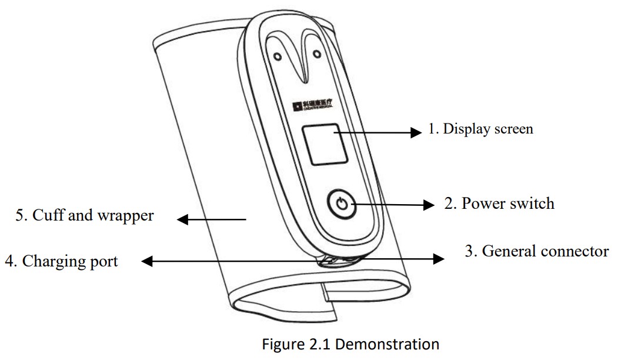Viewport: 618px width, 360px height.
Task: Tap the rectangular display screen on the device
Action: pos(321,145)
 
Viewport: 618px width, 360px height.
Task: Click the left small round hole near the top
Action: pos(278,58)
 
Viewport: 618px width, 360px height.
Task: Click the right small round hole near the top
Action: pos(317,55)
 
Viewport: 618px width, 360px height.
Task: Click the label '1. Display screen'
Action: pos(480,129)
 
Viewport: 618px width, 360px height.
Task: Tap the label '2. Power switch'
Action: pos(499,204)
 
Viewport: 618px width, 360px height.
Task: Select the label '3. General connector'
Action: pos(537,251)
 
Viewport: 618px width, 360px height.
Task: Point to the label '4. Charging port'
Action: pos(61,261)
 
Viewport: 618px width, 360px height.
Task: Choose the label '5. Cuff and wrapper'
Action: pos(85,215)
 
